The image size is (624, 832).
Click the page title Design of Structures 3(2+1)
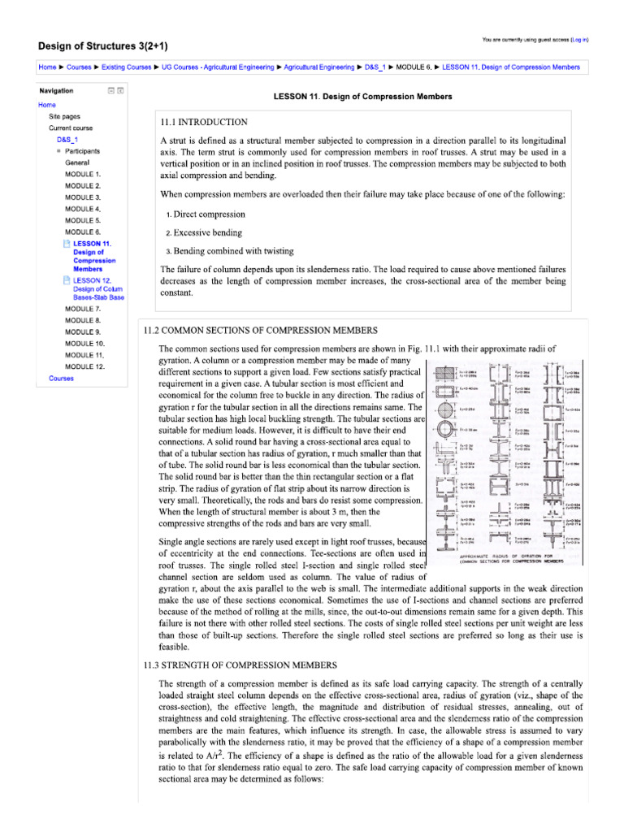click(109, 45)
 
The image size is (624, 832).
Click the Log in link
click(579, 39)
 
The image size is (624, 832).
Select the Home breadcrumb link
click(47, 67)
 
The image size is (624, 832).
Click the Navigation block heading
click(56, 91)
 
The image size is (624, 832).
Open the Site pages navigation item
click(64, 116)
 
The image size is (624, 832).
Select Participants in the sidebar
click(83, 151)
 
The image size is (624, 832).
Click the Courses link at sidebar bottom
click(61, 379)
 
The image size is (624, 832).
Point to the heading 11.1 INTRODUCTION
click(204, 122)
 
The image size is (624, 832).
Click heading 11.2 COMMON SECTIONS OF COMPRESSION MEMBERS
click(260, 331)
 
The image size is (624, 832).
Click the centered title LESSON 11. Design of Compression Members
click(362, 97)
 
